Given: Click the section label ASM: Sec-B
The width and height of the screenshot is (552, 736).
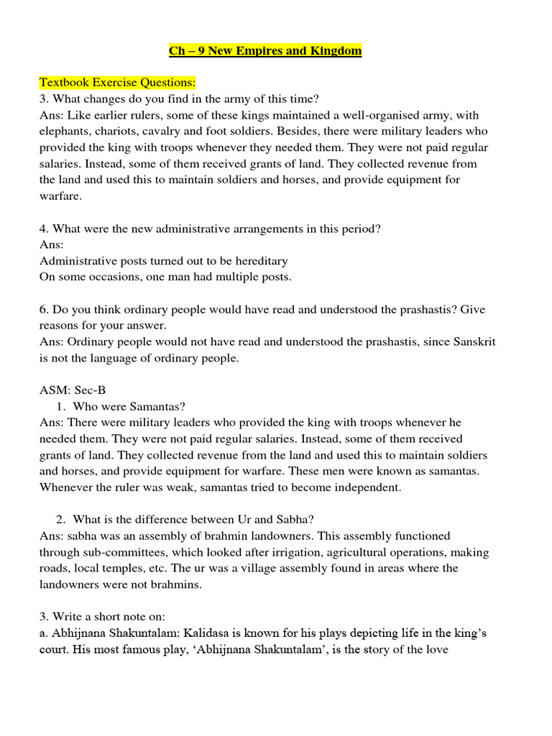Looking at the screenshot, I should pyautogui.click(x=73, y=390).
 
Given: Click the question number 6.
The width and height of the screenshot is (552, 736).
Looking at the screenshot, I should pyautogui.click(x=43, y=309).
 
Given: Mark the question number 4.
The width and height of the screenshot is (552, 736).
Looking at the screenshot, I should pyautogui.click(x=43, y=229).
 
